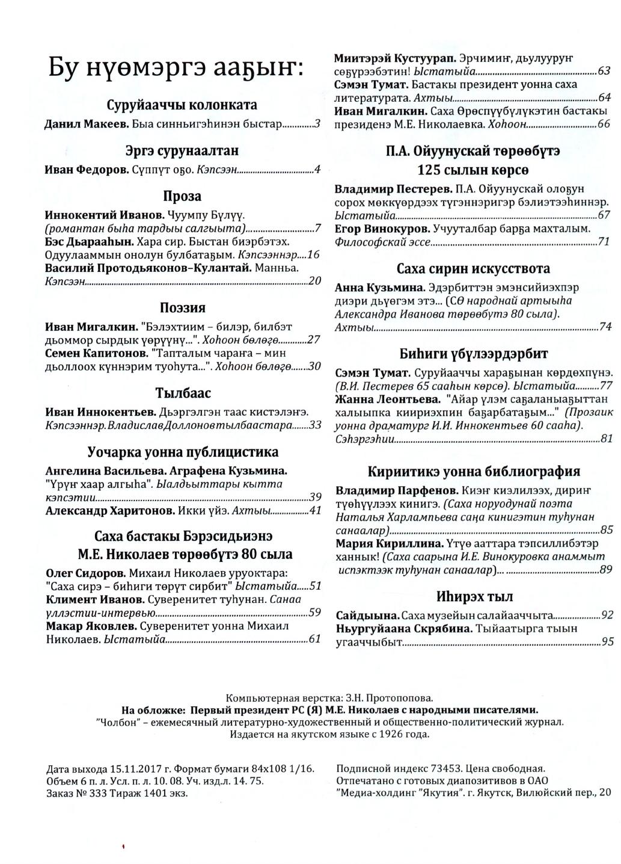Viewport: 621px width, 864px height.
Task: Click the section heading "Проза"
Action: point(182,197)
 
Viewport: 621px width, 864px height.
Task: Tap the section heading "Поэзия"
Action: point(182,308)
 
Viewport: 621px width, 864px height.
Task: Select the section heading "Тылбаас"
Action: point(183,393)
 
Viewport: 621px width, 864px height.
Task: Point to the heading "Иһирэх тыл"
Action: point(474,597)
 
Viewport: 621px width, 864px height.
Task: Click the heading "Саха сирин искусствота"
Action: point(473,268)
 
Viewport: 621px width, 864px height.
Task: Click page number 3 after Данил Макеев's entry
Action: point(317,125)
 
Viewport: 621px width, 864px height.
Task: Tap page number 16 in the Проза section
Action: point(313,255)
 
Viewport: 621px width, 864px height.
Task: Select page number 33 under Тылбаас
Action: point(315,425)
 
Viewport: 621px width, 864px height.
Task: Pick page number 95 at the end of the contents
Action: point(607,642)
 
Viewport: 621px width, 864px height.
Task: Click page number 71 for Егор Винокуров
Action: point(604,242)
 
